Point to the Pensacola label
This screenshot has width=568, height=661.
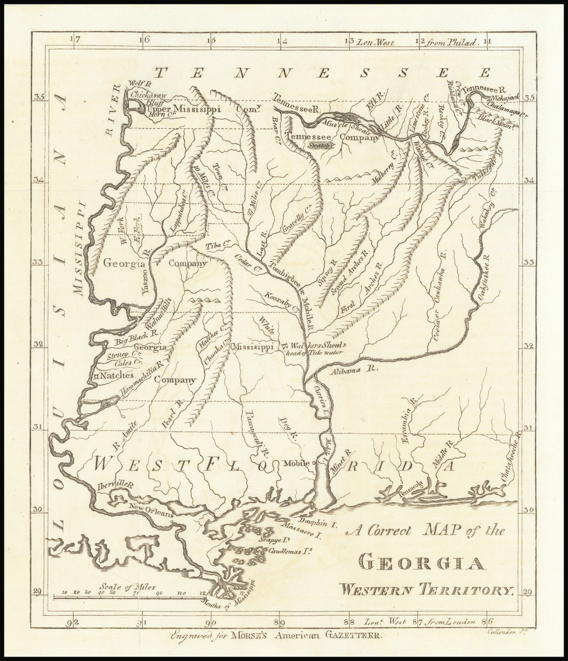pyautogui.click(x=410, y=484)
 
